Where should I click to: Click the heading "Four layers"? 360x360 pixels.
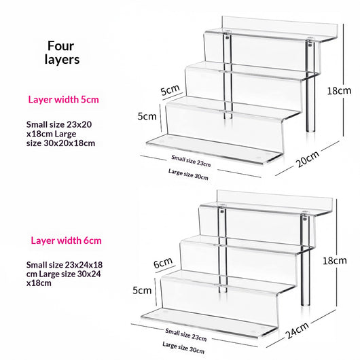62,52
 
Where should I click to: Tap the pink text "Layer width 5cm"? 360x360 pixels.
63,100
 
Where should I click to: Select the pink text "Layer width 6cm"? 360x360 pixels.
66,240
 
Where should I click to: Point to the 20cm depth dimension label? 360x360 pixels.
307,159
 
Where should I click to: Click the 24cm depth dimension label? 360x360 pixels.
298,330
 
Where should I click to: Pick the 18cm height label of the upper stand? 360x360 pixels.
339,91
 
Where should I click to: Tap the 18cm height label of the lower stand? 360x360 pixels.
335,261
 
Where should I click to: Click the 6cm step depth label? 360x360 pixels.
163,263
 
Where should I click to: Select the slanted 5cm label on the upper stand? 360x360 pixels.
170,90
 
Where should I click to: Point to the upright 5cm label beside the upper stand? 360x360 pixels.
147,116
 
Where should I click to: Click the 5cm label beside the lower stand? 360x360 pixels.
142,291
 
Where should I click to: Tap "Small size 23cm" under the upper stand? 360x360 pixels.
191,161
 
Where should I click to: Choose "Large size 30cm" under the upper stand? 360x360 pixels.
188,175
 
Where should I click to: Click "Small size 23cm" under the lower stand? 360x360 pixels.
186,334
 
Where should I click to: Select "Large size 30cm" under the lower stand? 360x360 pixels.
183,347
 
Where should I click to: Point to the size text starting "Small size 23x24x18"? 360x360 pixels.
65,274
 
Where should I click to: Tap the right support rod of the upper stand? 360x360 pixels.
310,86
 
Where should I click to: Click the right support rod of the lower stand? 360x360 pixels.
305,260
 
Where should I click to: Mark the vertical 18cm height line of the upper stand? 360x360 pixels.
344,80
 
